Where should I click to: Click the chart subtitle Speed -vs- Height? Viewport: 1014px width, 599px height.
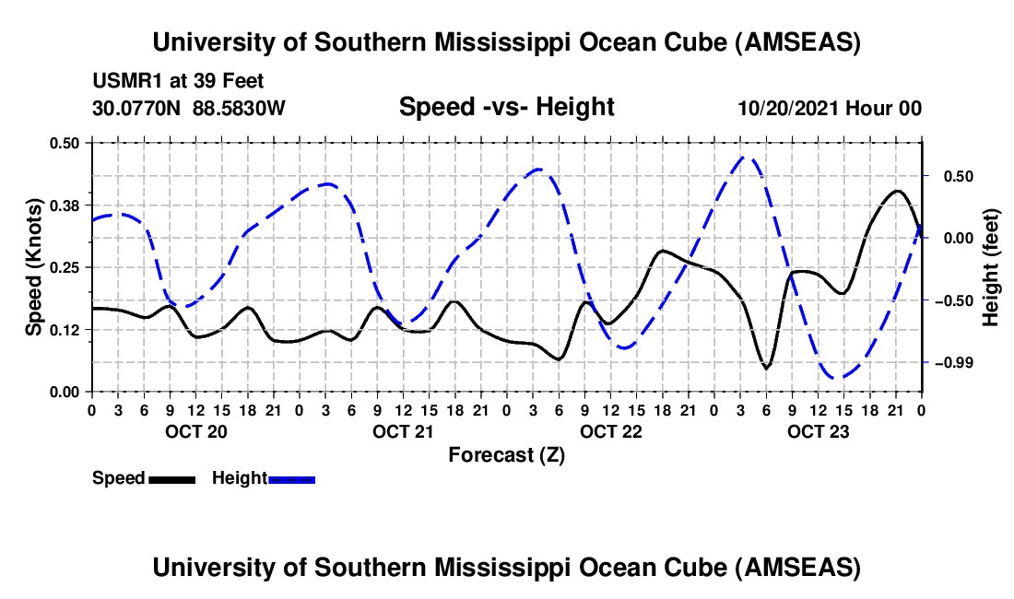pyautogui.click(x=506, y=107)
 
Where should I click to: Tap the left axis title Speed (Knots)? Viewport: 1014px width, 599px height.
pyautogui.click(x=33, y=266)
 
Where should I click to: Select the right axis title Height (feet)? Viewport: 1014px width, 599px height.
pyautogui.click(x=991, y=266)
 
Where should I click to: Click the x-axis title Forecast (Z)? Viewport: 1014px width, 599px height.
pyautogui.click(x=506, y=454)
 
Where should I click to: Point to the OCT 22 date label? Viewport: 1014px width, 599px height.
pyautogui.click(x=610, y=430)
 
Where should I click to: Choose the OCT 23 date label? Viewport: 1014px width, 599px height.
pyautogui.click(x=818, y=430)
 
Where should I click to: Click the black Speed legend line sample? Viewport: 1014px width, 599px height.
pyautogui.click(x=171, y=479)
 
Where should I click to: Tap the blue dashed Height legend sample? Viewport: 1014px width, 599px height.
pyautogui.click(x=291, y=479)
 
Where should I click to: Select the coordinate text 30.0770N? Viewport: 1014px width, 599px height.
pyautogui.click(x=137, y=108)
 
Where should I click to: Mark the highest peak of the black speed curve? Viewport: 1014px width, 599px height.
pyautogui.click(x=897, y=192)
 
